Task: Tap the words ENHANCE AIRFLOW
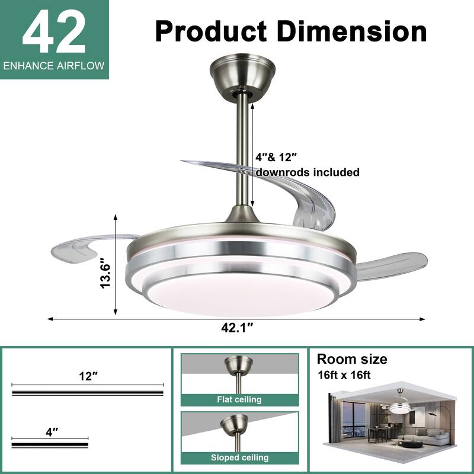pyautogui.click(x=55, y=66)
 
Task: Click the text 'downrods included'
pyautogui.click(x=308, y=172)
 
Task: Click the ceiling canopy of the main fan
pyautogui.click(x=242, y=74)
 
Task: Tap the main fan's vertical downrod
pyautogui.click(x=242, y=148)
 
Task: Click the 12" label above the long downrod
pyautogui.click(x=88, y=376)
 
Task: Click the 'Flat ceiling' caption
pyautogui.click(x=239, y=399)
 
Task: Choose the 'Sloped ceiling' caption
pyautogui.click(x=239, y=457)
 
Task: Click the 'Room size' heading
pyautogui.click(x=352, y=359)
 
